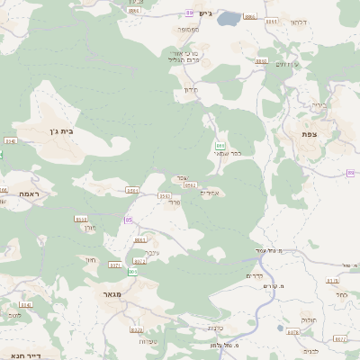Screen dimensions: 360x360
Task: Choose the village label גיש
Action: (x=205, y=13)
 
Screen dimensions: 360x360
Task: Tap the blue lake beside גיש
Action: (x=229, y=17)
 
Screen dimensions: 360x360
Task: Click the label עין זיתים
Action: (x=286, y=64)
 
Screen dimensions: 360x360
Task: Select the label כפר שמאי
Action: (x=228, y=154)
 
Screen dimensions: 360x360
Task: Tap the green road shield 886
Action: (x=220, y=145)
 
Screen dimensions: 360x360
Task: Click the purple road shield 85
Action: (x=129, y=220)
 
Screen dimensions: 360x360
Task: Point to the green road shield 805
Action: (x=133, y=271)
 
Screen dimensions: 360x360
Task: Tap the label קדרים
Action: (x=255, y=276)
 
